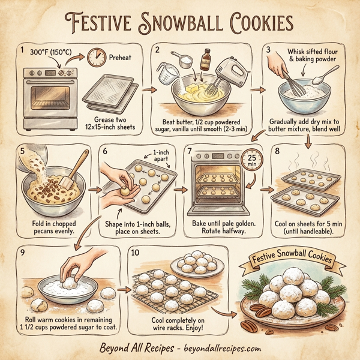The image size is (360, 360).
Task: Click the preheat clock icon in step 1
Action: [x=95, y=58]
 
